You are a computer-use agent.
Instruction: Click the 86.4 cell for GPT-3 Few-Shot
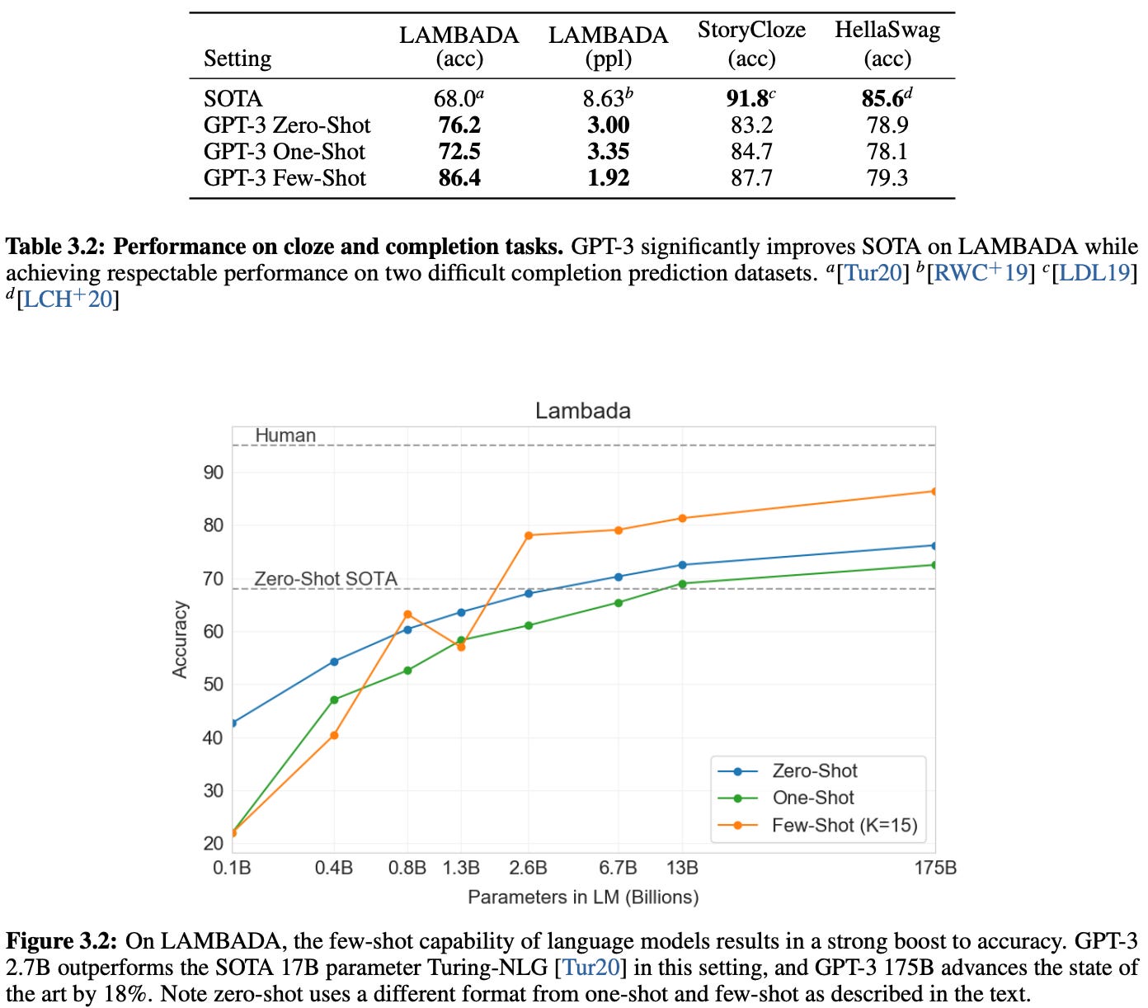pos(459,178)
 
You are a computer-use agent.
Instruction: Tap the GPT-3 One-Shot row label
pos(285,152)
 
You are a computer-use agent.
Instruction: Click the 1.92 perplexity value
pos(608,178)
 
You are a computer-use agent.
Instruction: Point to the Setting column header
pos(238,59)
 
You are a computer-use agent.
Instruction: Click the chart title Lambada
pos(582,411)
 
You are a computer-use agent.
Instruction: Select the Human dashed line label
pos(285,436)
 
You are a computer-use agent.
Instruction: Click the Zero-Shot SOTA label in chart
pos(326,579)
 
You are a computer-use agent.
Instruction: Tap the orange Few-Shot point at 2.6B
pos(529,535)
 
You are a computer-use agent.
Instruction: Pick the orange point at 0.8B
pos(407,615)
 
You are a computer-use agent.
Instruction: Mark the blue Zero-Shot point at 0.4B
pos(334,662)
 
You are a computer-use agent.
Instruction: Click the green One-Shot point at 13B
pos(682,584)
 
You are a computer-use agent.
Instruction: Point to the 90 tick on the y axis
pos(213,473)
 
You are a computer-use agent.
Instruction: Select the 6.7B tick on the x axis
pos(618,868)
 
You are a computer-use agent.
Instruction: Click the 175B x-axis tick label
pos(935,868)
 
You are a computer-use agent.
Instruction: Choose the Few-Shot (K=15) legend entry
pos(844,826)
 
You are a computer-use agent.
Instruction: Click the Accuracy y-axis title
pos(180,639)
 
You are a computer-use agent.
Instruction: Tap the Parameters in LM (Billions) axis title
pos(583,897)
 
